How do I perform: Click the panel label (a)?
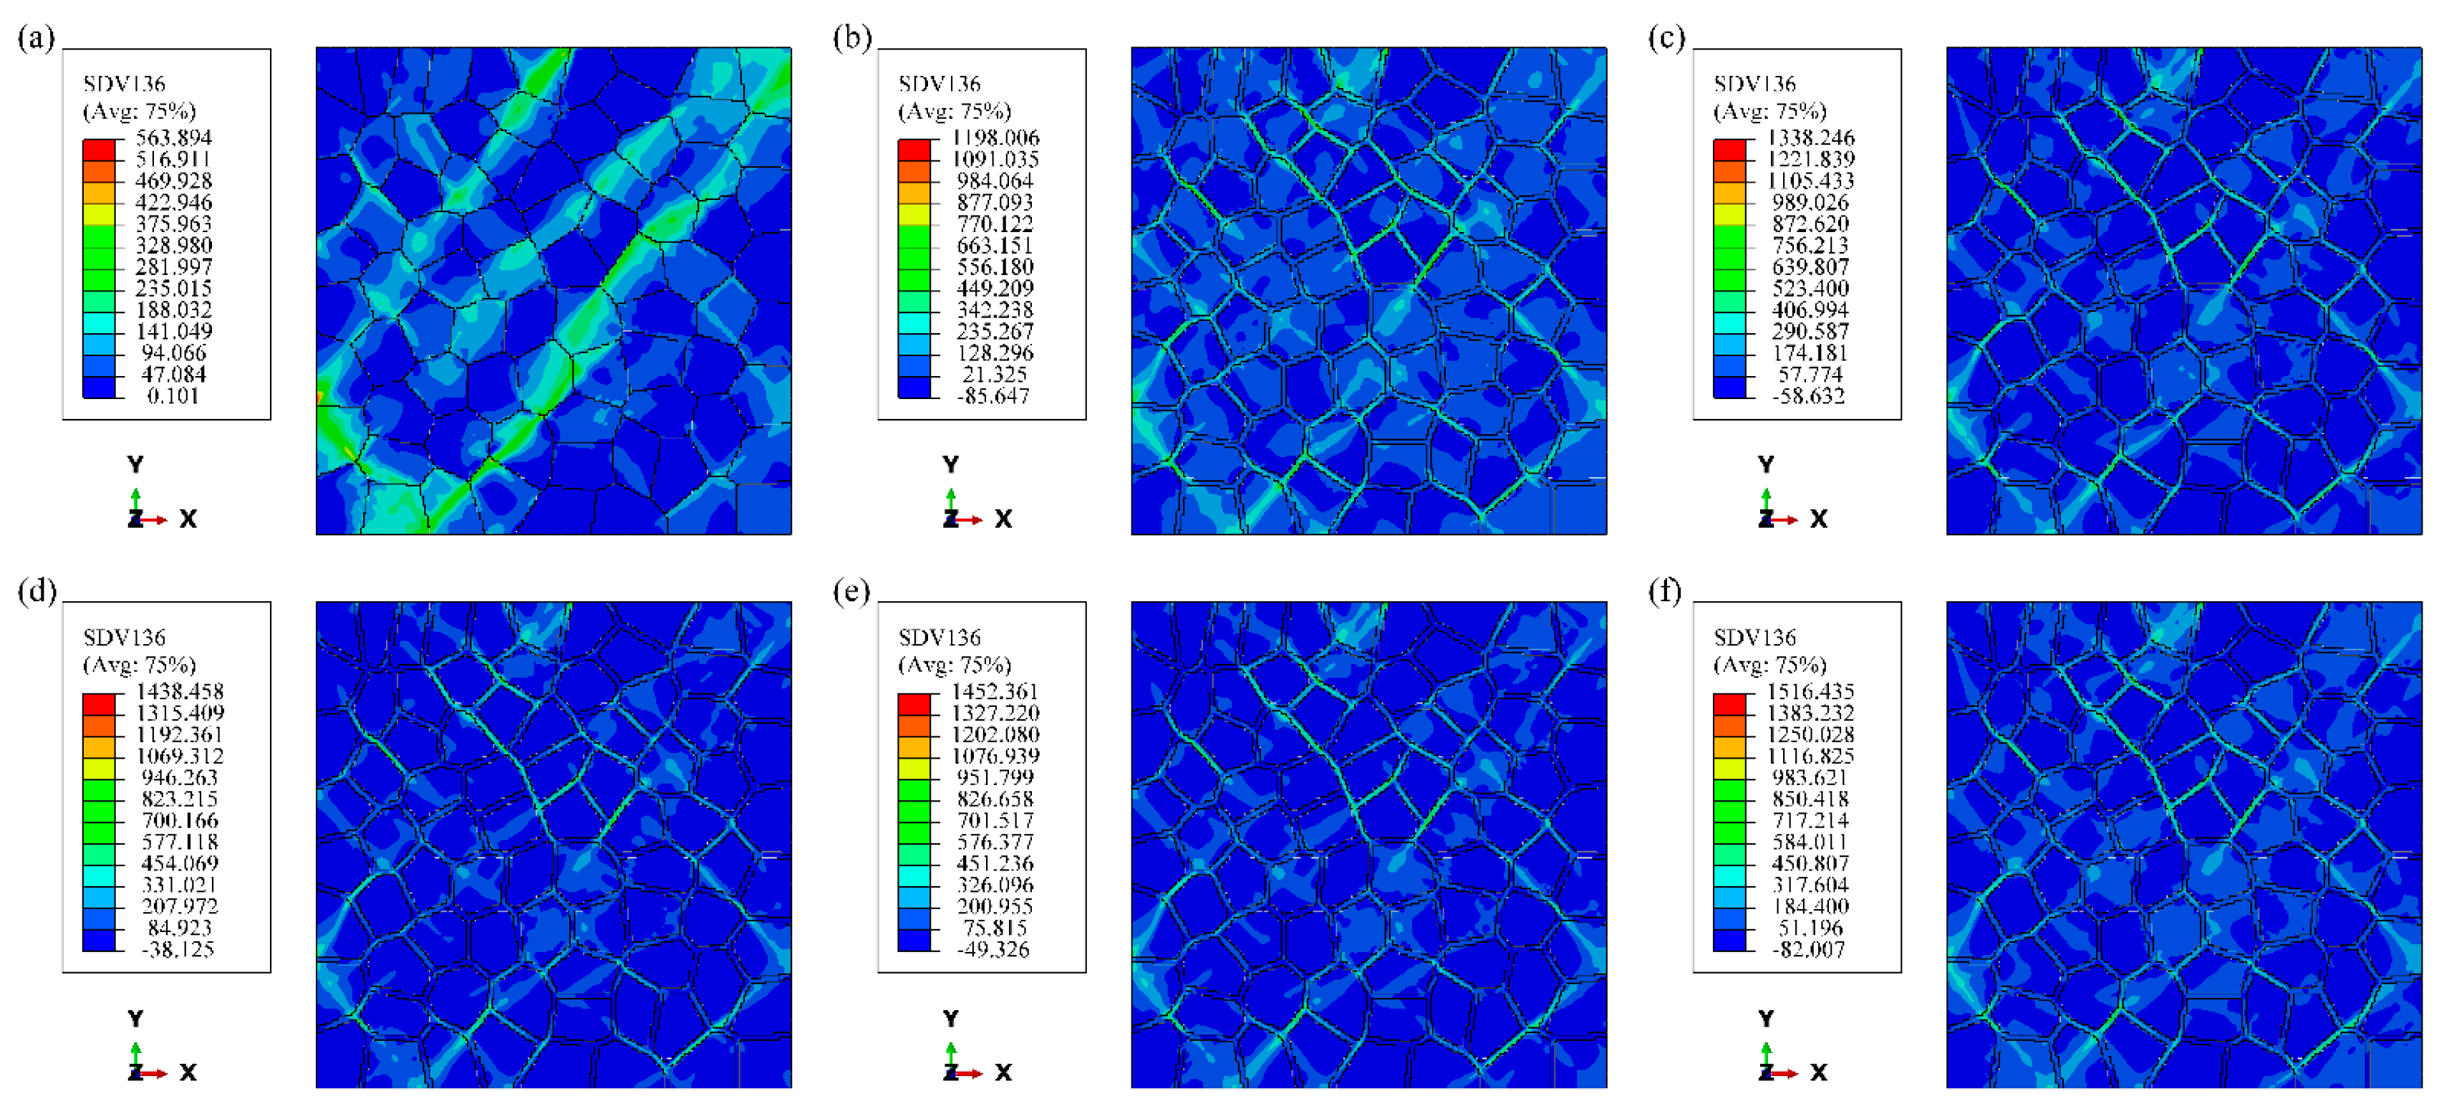coord(36,39)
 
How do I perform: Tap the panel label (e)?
coord(851,592)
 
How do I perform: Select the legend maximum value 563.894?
coord(173,138)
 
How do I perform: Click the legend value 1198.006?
coord(995,138)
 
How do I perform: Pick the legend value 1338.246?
coord(1810,138)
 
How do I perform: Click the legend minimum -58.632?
coord(1807,396)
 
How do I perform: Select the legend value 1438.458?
coord(180,691)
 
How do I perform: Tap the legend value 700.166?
coord(180,820)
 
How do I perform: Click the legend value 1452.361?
coord(995,691)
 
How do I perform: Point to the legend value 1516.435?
coord(1810,691)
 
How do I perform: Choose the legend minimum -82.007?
coord(1807,949)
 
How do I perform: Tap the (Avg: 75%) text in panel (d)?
coord(139,664)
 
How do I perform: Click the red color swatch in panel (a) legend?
coord(99,150)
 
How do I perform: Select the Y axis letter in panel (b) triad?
coord(950,464)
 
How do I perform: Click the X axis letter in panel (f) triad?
coord(1818,1072)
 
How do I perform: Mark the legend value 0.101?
coord(173,396)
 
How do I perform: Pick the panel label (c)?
coord(1666,39)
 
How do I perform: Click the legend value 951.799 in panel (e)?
coord(995,778)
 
